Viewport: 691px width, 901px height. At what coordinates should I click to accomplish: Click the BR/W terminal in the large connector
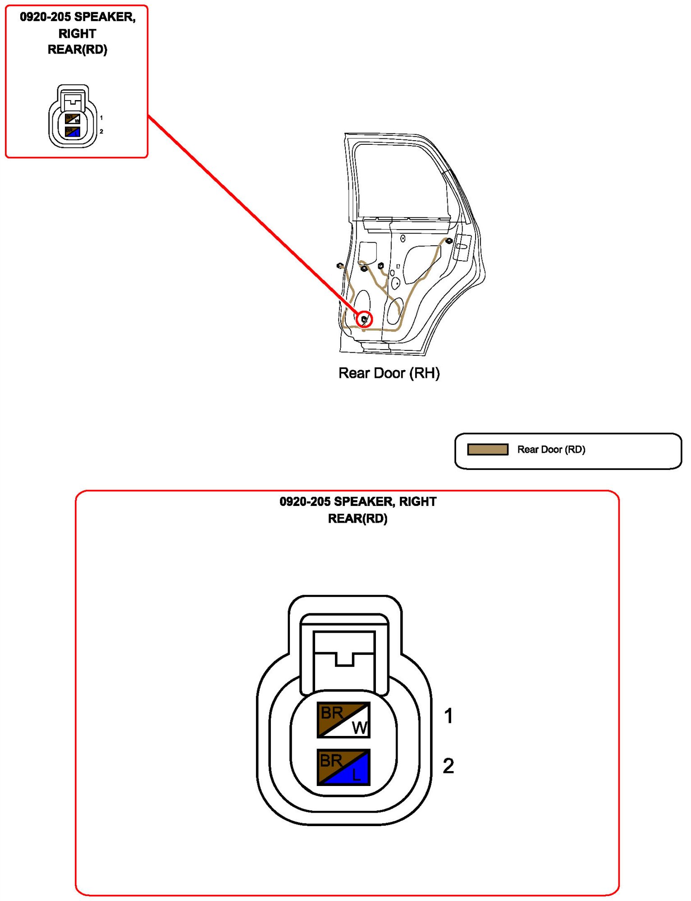pyautogui.click(x=343, y=719)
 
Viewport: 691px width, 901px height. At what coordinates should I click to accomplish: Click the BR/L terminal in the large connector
pyautogui.click(x=343, y=767)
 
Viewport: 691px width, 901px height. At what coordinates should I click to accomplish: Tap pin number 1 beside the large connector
pyautogui.click(x=448, y=716)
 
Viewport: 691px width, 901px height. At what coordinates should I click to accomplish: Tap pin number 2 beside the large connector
pyautogui.click(x=448, y=766)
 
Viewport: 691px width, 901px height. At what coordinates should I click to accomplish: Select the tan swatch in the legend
pyautogui.click(x=487, y=449)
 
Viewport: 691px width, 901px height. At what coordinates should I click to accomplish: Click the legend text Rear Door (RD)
pyautogui.click(x=551, y=449)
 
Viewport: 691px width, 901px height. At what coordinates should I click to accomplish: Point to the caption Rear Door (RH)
pyautogui.click(x=389, y=373)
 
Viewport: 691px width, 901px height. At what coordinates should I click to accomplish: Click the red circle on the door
pyautogui.click(x=364, y=319)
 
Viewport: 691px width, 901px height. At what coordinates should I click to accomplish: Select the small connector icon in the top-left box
pyautogui.click(x=73, y=116)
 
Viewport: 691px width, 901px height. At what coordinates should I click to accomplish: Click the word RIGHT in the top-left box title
pyautogui.click(x=77, y=33)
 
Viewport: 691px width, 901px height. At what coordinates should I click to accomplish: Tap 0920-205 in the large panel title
pyautogui.click(x=305, y=501)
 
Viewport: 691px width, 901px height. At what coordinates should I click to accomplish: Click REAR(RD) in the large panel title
pyautogui.click(x=357, y=519)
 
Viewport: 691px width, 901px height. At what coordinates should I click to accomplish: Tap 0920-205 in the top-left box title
pyautogui.click(x=45, y=17)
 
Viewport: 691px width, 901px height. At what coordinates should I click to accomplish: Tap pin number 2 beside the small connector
pyautogui.click(x=101, y=132)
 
